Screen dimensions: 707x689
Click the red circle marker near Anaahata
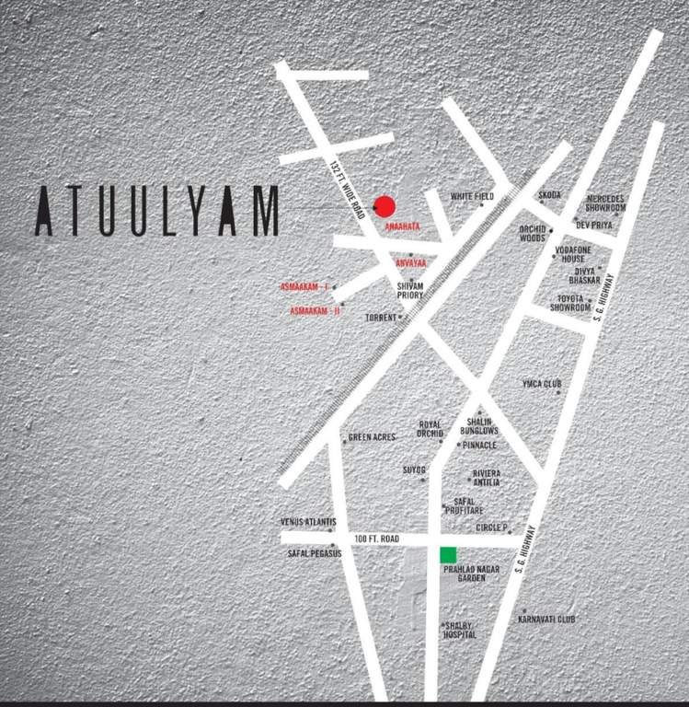[x=385, y=206]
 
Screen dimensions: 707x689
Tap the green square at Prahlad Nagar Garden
[x=448, y=554]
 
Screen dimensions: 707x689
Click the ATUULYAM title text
[x=157, y=212]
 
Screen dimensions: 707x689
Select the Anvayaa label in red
[x=411, y=263]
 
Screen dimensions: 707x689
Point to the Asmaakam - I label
[x=304, y=288]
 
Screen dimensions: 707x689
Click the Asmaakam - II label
[x=316, y=311]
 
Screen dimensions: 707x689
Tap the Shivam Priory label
[x=410, y=290]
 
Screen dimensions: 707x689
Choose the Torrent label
[x=381, y=317]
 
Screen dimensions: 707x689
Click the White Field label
[x=472, y=197]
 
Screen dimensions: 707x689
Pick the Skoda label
[x=549, y=195]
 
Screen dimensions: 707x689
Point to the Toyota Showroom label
[x=570, y=303]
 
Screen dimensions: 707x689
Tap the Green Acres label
[x=372, y=437]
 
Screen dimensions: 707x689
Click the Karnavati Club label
[x=549, y=620]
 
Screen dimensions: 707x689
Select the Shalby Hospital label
[x=460, y=631]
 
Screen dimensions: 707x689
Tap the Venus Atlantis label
[x=307, y=522]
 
